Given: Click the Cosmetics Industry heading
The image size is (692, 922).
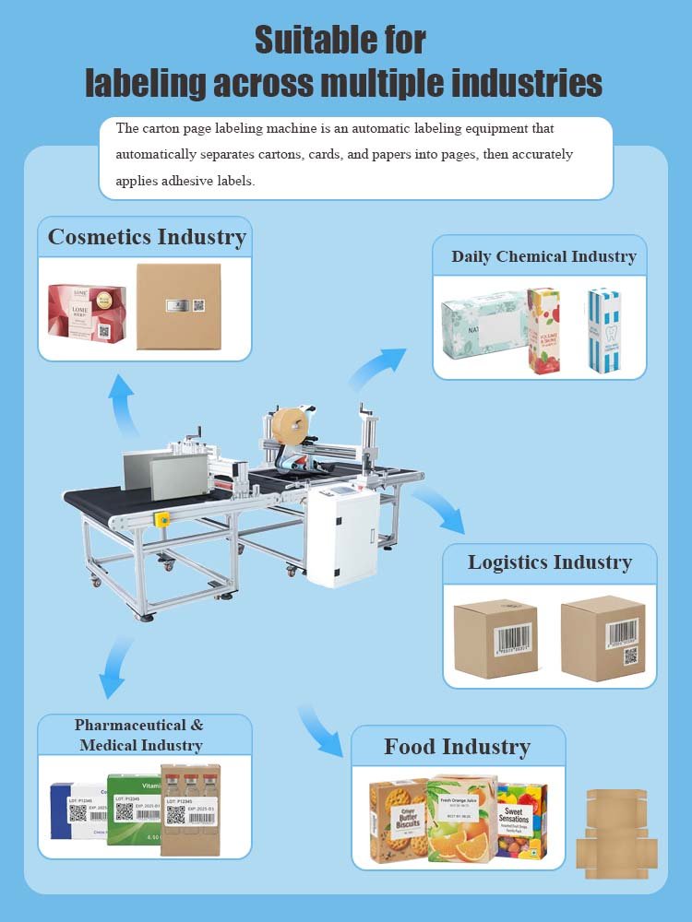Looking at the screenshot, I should tap(146, 237).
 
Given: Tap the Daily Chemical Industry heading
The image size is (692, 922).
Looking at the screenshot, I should tap(543, 256).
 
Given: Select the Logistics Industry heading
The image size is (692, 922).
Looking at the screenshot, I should tap(549, 562).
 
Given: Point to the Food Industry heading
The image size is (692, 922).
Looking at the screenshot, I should tap(457, 747).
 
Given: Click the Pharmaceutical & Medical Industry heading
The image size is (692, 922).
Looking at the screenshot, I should tap(139, 735).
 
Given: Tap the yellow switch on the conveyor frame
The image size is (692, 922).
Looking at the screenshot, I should tap(163, 518).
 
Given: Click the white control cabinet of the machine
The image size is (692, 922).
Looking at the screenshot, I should tap(343, 535).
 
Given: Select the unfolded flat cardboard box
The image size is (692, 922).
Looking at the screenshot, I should tap(616, 833).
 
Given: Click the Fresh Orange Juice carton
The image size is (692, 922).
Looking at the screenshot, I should tap(460, 819).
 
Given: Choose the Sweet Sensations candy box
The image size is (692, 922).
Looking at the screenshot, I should tap(521, 820).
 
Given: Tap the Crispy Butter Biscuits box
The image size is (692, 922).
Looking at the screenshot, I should tap(399, 821).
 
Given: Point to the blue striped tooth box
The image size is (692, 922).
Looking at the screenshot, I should tap(603, 330).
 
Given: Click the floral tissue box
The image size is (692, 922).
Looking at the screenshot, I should tap(483, 331).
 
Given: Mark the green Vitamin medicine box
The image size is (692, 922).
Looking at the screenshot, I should tap(134, 809).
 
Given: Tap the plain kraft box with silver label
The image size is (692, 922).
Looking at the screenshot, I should tap(178, 306).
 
